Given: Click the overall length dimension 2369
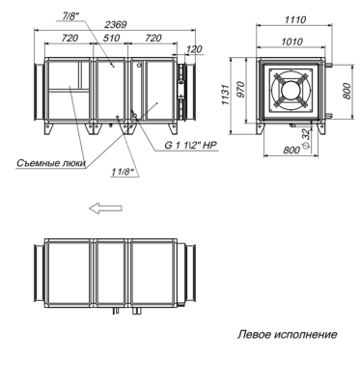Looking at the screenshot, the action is coord(116,24).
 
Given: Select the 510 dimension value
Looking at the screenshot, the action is coord(112,39).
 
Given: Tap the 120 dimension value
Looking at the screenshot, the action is coord(194,49).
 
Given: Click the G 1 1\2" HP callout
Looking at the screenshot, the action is coord(191,146).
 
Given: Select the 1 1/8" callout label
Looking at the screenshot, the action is coord(123,172).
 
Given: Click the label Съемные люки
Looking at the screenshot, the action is coord(51,163).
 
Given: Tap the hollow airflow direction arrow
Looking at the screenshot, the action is coord(105,208).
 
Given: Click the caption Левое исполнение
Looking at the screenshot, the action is coord(288,335).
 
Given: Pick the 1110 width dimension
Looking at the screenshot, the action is coord(295,20).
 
